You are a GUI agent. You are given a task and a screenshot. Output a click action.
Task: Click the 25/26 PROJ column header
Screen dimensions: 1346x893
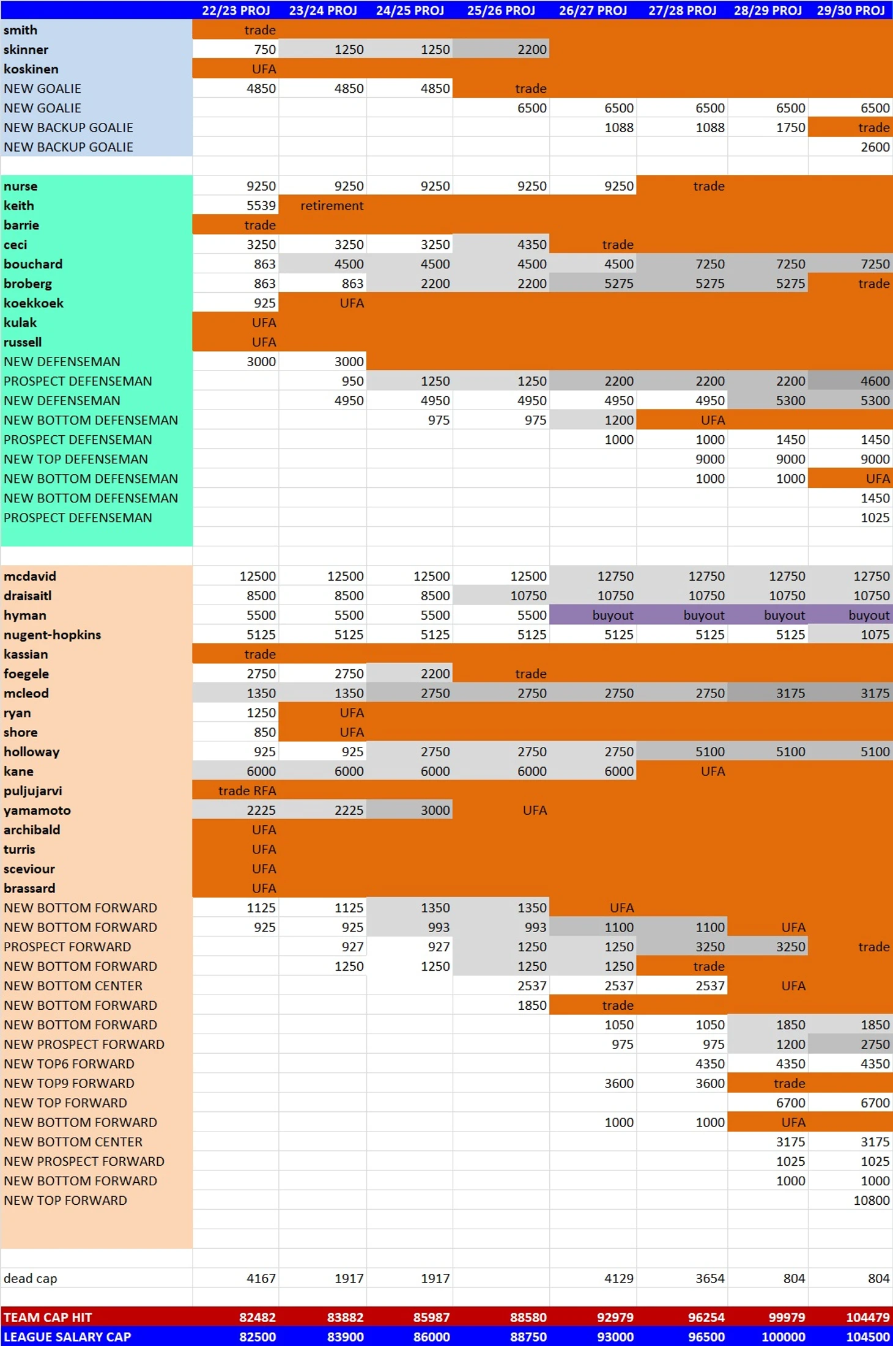pos(500,10)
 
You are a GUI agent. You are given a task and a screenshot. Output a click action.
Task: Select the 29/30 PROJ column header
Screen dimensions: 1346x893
pos(850,10)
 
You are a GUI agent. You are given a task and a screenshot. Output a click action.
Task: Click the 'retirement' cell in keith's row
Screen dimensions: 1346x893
pos(332,205)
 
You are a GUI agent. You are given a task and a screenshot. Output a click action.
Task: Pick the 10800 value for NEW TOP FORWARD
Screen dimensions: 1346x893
pos(871,1200)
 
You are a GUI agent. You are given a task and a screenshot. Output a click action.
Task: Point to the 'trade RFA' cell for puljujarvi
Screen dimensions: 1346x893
pos(246,790)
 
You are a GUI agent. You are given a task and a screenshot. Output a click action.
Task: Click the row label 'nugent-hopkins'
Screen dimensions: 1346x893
pos(52,634)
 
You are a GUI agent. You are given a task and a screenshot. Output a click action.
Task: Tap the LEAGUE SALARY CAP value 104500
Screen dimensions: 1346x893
pos(867,1337)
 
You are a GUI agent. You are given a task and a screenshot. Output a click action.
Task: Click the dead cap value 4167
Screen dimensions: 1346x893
pos(261,1278)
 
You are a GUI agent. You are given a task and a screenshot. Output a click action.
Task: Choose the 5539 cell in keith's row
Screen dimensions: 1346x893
pos(261,205)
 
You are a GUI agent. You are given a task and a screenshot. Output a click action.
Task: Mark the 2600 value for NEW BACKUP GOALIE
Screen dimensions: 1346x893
pos(875,147)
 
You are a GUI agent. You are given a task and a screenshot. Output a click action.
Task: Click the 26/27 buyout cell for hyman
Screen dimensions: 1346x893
pos(612,615)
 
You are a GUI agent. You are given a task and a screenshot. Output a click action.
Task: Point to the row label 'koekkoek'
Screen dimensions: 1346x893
pos(34,303)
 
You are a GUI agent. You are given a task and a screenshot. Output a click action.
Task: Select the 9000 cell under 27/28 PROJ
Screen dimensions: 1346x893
pos(710,459)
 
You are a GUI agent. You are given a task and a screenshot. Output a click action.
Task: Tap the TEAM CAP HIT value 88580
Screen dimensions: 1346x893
pos(528,1317)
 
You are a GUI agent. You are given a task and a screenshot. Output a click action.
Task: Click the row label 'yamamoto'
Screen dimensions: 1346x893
pos(37,810)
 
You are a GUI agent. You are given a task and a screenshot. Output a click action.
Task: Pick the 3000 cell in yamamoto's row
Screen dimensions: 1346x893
pos(435,810)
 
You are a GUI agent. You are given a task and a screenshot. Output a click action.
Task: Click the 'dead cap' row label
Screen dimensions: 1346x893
pos(31,1278)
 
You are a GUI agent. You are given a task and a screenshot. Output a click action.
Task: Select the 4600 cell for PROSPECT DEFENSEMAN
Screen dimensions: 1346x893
pos(875,381)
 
